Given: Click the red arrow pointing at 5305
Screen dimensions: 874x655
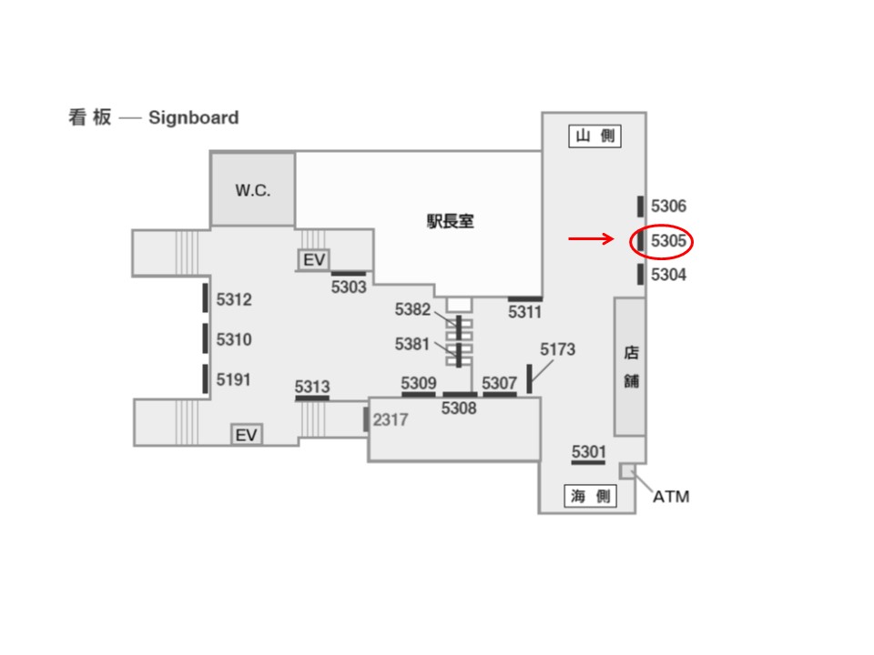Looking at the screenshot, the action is point(591,239).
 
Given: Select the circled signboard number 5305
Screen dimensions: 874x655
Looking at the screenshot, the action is point(668,241).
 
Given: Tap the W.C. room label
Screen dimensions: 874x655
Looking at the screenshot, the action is point(252,190).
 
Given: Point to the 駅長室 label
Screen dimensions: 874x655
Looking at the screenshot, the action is point(451,221).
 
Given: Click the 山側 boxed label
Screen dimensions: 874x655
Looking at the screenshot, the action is point(595,136).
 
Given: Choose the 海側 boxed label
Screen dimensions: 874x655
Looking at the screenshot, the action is point(590,496).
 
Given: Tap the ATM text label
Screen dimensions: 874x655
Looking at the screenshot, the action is point(671,497).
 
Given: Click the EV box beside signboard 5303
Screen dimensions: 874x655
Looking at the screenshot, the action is point(314,259).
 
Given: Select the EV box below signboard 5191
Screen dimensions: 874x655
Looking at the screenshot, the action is point(247,435).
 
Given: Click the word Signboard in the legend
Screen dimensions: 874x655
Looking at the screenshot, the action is point(193,117).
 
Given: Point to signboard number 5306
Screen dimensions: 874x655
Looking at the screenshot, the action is point(668,207).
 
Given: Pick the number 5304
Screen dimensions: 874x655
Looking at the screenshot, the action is point(668,275).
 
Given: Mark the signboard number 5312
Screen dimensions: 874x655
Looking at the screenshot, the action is point(234,299).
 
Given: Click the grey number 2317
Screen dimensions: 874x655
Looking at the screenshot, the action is point(391,419).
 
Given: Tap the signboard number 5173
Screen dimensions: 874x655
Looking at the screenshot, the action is point(557,349).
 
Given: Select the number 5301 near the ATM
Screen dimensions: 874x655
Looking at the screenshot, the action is point(589,451).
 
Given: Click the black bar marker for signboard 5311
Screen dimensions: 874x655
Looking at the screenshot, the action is point(525,299).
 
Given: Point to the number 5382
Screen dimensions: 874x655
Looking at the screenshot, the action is point(412,309).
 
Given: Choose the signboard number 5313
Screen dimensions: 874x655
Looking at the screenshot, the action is point(312,386).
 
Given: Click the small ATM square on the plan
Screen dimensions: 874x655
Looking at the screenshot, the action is point(626,471).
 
